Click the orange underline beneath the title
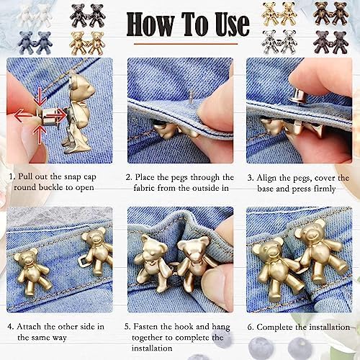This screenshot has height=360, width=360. [186, 44]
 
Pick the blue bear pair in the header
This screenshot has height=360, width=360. [35, 42]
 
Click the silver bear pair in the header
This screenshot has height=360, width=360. [279, 41]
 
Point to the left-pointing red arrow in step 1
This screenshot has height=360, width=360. [24, 115]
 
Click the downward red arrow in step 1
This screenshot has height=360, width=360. [40, 96]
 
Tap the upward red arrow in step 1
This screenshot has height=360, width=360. [40, 135]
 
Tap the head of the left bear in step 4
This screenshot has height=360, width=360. [27, 258]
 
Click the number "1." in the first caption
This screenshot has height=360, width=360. [12, 176]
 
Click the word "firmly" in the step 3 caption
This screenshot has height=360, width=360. [325, 189]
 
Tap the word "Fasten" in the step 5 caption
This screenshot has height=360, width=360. [145, 327]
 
